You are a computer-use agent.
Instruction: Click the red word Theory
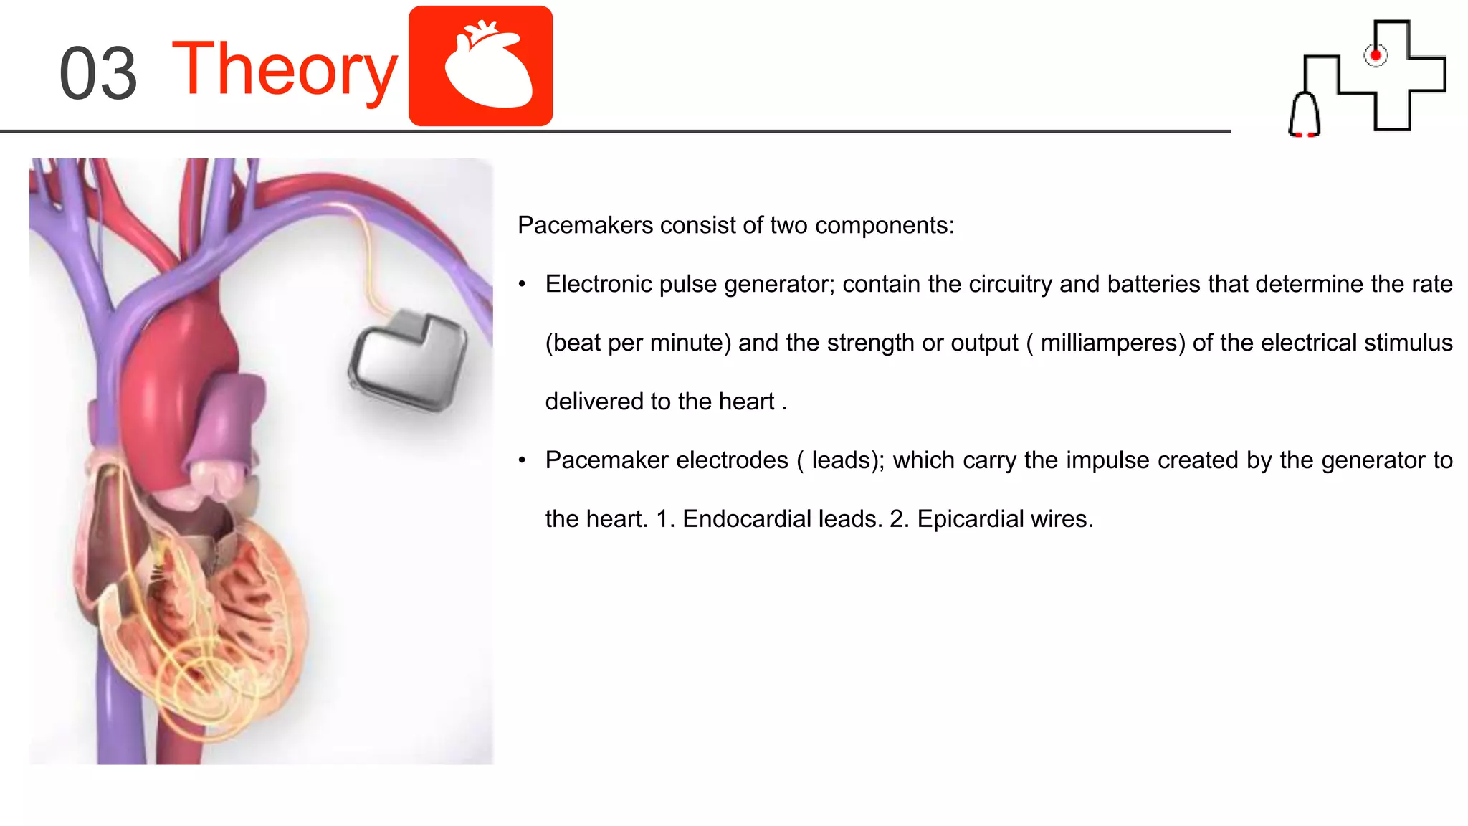point(285,70)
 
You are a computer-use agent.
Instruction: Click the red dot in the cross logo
point(1375,55)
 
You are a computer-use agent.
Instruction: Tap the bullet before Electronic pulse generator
point(523,285)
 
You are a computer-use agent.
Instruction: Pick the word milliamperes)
point(1112,343)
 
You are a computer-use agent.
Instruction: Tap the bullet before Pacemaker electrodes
point(523,460)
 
